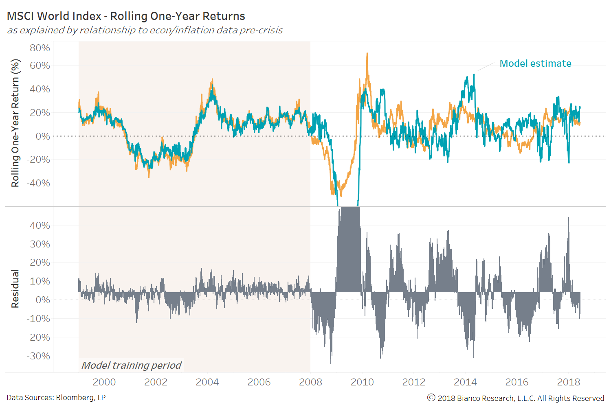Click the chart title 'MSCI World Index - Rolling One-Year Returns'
(x=126, y=16)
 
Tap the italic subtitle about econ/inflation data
(x=145, y=31)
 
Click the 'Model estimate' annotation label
(x=535, y=63)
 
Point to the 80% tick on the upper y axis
(x=40, y=48)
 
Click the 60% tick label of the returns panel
(x=40, y=66)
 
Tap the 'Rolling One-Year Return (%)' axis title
(x=15, y=123)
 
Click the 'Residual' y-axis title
(x=15, y=289)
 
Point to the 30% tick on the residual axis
(x=40, y=244)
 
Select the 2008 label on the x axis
(x=310, y=382)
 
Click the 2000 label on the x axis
(x=104, y=382)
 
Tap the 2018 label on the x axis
(x=568, y=382)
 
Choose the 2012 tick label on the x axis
(x=413, y=382)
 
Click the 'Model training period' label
(x=131, y=365)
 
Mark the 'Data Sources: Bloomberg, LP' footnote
(x=56, y=398)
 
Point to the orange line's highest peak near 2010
(x=367, y=54)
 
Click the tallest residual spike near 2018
(x=568, y=219)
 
